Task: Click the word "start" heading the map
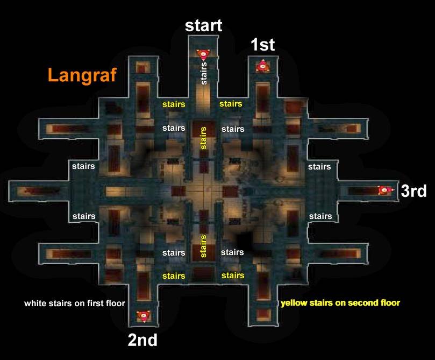tap(203, 25)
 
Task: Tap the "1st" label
tap(263, 45)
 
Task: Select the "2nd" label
tap(142, 340)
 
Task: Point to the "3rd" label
tap(413, 191)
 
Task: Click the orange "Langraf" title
tap(82, 75)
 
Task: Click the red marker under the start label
tap(203, 54)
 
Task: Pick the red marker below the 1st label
tap(262, 66)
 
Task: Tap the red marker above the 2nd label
tap(144, 316)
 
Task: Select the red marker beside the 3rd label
tap(386, 190)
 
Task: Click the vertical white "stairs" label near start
tap(204, 73)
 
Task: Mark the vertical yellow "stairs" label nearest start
tap(203, 138)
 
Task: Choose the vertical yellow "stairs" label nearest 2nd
tap(203, 246)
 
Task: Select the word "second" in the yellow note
tap(363, 302)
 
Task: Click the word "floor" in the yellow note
tap(390, 302)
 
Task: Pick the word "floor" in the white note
tap(116, 303)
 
